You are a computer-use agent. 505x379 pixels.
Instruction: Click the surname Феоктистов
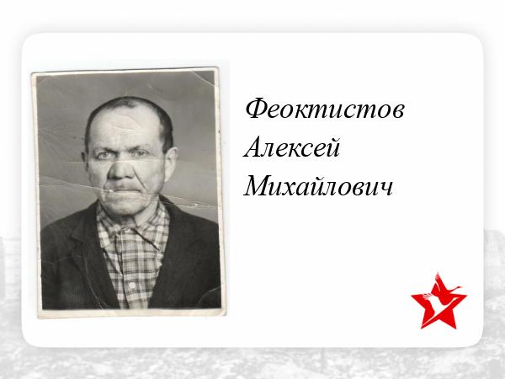[x=325, y=109]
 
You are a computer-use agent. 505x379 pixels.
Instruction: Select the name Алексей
[x=292, y=147]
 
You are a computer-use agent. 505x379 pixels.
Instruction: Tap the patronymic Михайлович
[x=318, y=186]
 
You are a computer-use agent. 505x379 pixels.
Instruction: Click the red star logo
[x=439, y=302]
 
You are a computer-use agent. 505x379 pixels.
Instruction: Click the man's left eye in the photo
[x=141, y=154]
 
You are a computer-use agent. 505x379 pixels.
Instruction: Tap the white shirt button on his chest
[x=132, y=285]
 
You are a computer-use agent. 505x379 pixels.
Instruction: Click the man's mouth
[x=122, y=190]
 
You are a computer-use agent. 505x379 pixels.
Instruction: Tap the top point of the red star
[x=438, y=273]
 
